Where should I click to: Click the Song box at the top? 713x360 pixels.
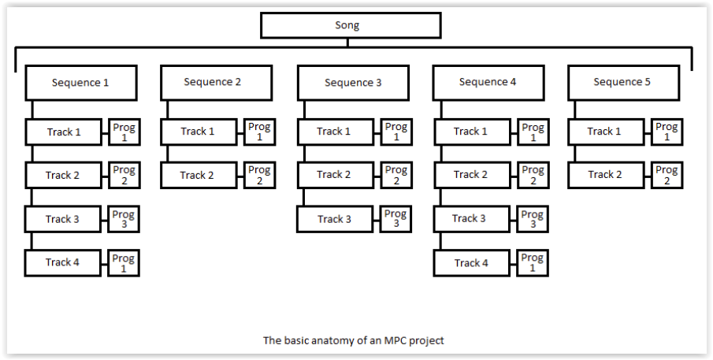click(351, 25)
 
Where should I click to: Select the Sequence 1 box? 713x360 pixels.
click(81, 83)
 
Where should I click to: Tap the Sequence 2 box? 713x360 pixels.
click(216, 82)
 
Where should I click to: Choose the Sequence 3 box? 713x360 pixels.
click(353, 83)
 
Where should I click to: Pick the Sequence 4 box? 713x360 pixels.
click(488, 82)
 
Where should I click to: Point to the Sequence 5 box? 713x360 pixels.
click(622, 82)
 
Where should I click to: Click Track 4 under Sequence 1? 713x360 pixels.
click(63, 262)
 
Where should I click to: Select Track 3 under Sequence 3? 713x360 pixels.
click(335, 219)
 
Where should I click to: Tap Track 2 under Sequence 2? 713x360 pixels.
click(199, 175)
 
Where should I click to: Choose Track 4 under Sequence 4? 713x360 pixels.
click(471, 262)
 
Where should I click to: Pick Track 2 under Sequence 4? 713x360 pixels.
click(471, 175)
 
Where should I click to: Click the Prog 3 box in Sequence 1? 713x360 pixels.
click(124, 218)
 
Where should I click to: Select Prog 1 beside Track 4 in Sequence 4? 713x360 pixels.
click(533, 262)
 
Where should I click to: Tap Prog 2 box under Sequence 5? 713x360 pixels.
click(667, 175)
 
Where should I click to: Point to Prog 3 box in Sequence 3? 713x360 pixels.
click(395, 218)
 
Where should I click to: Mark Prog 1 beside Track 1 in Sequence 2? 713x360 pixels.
click(259, 132)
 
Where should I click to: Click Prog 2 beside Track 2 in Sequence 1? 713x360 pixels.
click(124, 175)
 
